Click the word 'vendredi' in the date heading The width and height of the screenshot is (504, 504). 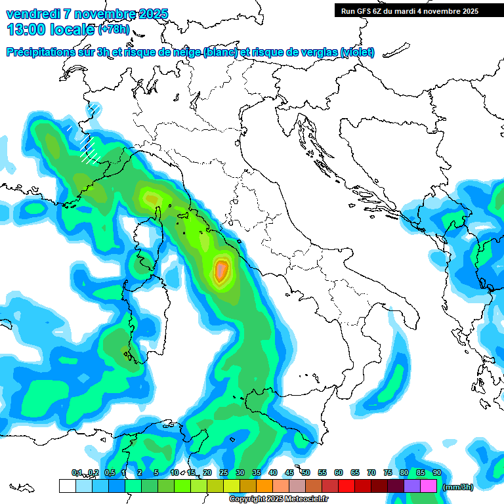[x=33, y=14]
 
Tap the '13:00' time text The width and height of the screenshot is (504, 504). [x=25, y=30]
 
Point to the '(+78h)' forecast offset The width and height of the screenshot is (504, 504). [x=114, y=30]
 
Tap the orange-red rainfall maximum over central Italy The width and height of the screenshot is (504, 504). [x=222, y=270]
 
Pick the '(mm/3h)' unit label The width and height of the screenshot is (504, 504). [x=458, y=486]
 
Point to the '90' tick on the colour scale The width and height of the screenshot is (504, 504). [x=436, y=472]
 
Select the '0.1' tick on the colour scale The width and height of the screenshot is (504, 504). [x=76, y=472]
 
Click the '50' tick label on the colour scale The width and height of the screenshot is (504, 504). [x=306, y=472]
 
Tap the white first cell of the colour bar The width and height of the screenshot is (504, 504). [x=67, y=486]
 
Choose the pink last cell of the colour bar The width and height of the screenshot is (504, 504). [x=429, y=486]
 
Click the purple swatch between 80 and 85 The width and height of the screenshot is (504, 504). [x=412, y=486]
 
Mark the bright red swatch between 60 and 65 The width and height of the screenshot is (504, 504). [x=346, y=486]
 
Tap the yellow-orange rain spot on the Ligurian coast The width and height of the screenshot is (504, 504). [x=152, y=197]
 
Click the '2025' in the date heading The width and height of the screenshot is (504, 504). [x=152, y=14]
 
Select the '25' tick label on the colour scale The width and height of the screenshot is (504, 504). [x=223, y=472]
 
